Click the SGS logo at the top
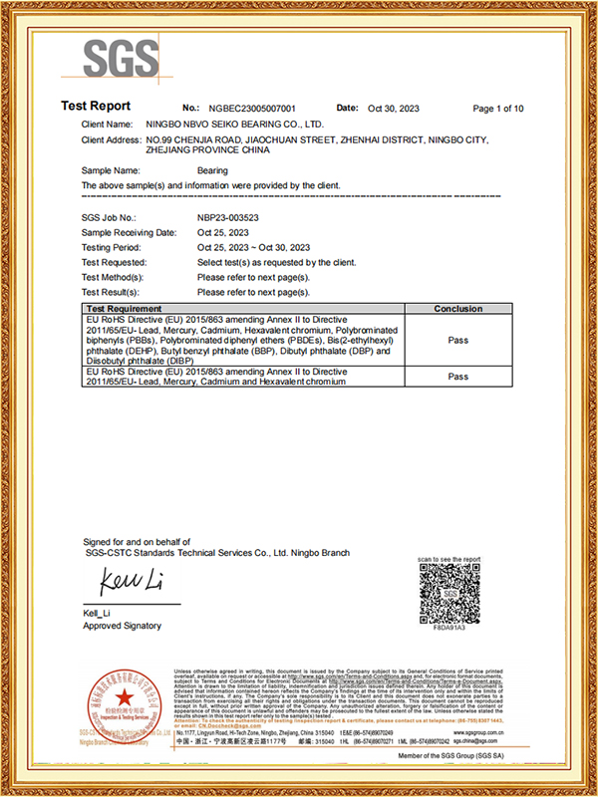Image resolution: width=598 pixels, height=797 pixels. (x=120, y=59)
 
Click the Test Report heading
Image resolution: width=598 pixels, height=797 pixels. (x=97, y=107)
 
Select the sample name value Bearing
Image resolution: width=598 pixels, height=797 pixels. (x=213, y=170)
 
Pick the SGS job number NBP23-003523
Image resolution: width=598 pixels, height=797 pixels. (x=228, y=216)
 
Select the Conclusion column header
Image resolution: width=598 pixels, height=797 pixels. (x=458, y=309)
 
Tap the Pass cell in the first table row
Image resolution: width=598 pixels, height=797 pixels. (x=458, y=340)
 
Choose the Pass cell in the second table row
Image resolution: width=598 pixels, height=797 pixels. (x=458, y=377)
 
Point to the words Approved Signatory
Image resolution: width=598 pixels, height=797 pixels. (x=123, y=626)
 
